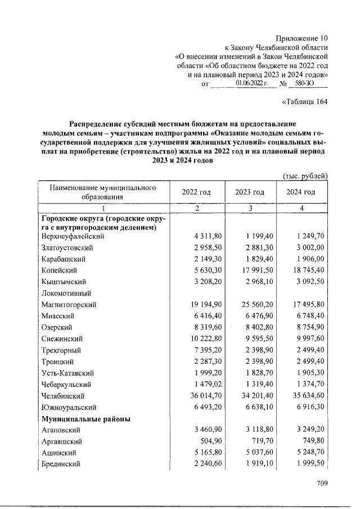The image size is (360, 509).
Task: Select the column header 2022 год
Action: pos(196,192)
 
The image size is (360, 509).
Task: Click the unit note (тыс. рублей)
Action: pos(304,175)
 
